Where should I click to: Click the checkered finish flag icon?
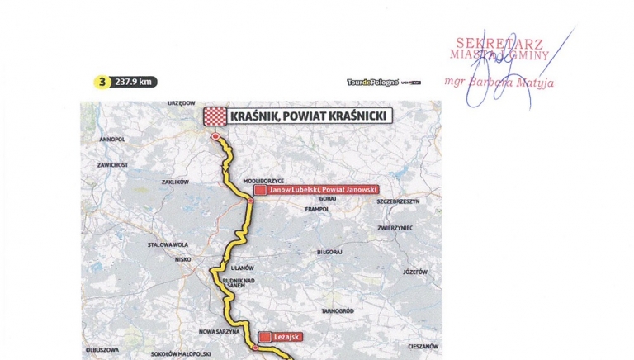(x=215, y=116)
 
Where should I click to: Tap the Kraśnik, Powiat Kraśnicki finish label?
(x=310, y=116)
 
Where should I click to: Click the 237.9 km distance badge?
(x=135, y=82)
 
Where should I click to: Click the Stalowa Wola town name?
(x=168, y=244)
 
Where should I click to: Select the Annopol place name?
(x=111, y=140)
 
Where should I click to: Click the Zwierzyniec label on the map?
(x=395, y=228)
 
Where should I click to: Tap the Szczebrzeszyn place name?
(x=398, y=201)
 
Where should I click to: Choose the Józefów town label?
(x=415, y=272)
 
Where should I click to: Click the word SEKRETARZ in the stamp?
(x=487, y=43)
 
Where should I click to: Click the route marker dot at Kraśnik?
(x=215, y=136)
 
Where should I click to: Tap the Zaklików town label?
(x=175, y=182)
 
